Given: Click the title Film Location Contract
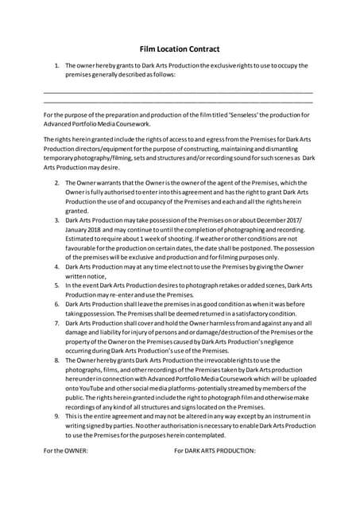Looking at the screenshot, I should pos(180,49).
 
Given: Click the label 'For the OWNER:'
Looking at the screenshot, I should pos(65,451).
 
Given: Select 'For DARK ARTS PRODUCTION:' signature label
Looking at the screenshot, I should pos(215,451).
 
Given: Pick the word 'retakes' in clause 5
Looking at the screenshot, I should pos(221,285).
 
